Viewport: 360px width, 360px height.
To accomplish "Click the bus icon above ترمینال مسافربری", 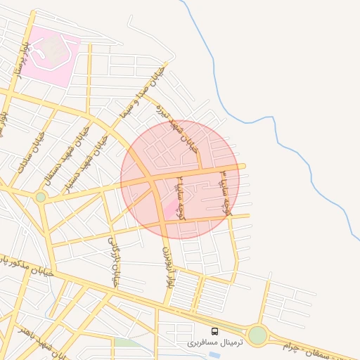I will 214,331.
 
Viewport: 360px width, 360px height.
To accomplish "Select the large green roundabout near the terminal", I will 257,335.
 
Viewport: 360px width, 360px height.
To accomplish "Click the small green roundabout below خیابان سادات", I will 41,197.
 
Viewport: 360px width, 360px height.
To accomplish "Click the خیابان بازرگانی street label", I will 112,261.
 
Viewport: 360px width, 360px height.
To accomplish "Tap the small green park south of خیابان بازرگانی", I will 127,343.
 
